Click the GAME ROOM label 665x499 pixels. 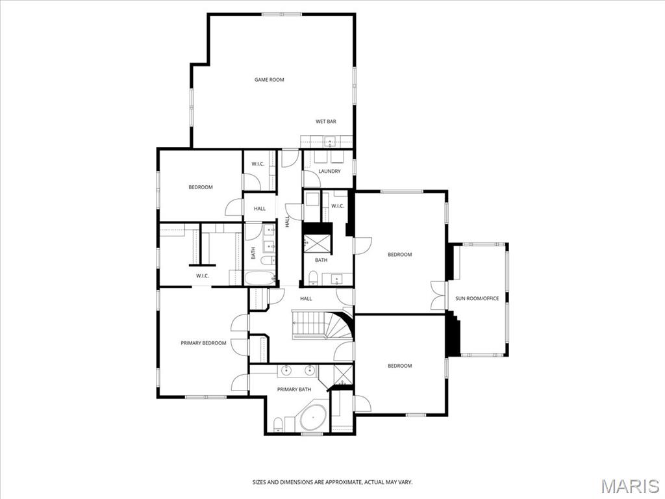tap(269, 80)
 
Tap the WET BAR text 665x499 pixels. tap(325, 122)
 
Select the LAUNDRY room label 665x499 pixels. tap(329, 172)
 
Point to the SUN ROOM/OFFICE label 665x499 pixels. tap(477, 299)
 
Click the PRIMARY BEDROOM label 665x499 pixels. tap(203, 343)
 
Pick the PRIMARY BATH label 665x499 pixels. tap(294, 390)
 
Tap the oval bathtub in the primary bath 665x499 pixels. tap(313, 416)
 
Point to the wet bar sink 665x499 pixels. tap(329, 140)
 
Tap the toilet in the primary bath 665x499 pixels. tap(278, 426)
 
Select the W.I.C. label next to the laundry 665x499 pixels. tap(337, 207)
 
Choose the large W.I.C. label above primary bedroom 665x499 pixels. tap(202, 276)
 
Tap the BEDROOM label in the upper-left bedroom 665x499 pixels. tap(201, 187)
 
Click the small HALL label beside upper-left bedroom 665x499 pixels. tap(260, 209)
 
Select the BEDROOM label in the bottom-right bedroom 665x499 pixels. tap(399, 366)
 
